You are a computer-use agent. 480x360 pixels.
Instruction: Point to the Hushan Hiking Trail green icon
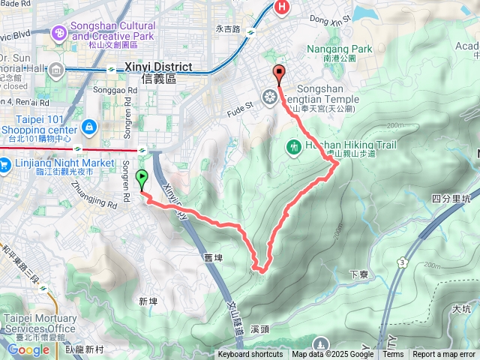point(293,147)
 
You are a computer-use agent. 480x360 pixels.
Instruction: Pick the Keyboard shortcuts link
point(250,355)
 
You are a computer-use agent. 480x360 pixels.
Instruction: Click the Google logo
point(28,349)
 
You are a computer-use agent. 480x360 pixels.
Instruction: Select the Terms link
point(393,355)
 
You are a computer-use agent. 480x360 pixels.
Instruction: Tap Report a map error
point(444,355)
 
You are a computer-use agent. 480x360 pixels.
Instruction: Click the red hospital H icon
point(282,7)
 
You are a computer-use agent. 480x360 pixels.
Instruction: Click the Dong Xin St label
point(330,19)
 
